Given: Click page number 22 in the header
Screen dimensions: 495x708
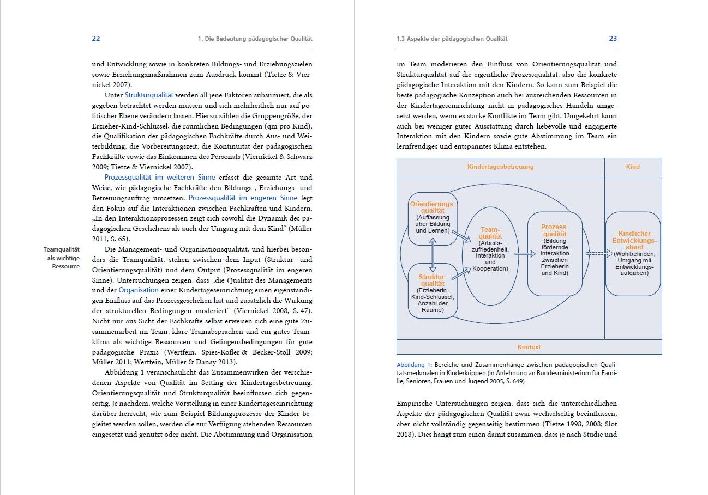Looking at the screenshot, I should (x=95, y=39).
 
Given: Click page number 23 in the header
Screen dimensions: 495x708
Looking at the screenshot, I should (x=613, y=39).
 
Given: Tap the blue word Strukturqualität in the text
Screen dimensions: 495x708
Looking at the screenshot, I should (x=149, y=95).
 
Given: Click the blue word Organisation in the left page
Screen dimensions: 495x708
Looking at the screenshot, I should (x=139, y=290).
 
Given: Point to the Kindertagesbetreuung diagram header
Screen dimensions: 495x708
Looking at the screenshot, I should (x=500, y=167).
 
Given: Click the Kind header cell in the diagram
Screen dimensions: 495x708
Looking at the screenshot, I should (x=633, y=167).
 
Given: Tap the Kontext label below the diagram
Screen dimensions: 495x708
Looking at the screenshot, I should (x=529, y=347).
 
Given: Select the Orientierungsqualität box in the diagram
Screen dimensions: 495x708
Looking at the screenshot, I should (x=433, y=218).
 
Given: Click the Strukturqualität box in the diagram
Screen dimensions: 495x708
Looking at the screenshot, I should (x=433, y=291).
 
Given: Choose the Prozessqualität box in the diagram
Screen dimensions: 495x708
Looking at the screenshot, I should (x=555, y=253).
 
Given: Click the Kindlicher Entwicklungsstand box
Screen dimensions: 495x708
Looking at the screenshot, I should (x=633, y=254).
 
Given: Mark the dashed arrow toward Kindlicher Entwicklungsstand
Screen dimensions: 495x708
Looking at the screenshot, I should (x=595, y=253).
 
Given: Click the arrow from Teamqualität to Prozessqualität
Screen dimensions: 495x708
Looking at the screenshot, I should (x=525, y=254).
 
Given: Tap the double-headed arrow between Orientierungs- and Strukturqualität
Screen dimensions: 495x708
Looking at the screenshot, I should (x=433, y=254).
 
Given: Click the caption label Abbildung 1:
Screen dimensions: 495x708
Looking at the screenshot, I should (x=414, y=365).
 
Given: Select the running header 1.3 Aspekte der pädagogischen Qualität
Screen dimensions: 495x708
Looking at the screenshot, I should (x=452, y=39).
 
